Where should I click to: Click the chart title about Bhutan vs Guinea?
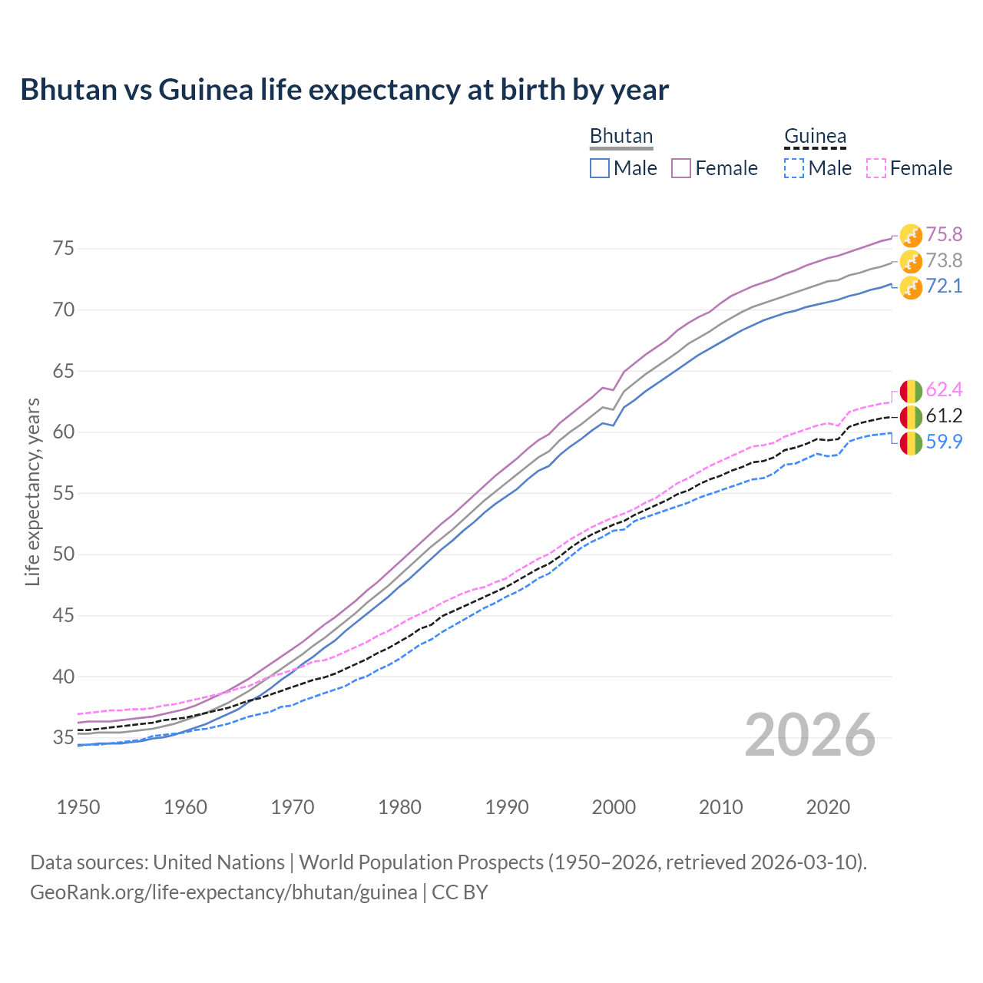coord(344,90)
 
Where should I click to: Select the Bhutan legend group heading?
coord(621,136)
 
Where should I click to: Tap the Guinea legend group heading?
coord(815,136)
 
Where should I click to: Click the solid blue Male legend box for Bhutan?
coord(600,168)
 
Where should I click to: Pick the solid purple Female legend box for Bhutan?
coord(682,168)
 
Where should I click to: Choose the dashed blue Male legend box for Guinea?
coord(794,168)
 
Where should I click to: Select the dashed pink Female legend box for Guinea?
coord(876,168)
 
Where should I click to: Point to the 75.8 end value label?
coord(944,234)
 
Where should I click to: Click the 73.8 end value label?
coord(944,260)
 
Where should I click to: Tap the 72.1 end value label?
coord(944,286)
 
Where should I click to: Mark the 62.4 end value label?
coord(944,390)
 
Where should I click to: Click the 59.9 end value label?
coord(944,442)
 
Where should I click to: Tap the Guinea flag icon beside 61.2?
coord(911,417)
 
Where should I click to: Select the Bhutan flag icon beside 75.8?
coord(911,236)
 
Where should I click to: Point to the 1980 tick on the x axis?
coord(399,807)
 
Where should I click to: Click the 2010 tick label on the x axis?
coord(720,807)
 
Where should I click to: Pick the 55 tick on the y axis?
coord(63,494)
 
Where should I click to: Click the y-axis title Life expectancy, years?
coord(32,491)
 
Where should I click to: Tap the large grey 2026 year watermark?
coord(809,735)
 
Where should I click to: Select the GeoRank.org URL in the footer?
coord(223,892)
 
